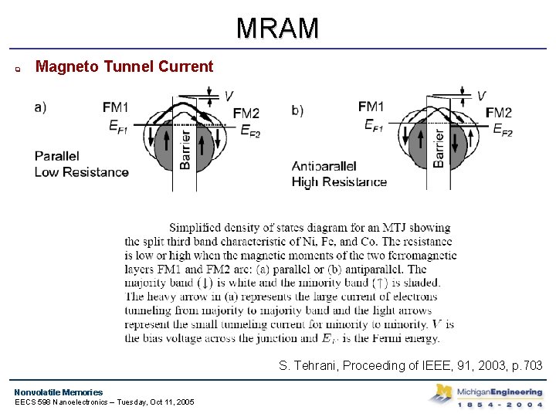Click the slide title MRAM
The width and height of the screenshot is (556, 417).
coord(277,29)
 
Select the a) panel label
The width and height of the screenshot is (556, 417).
coord(40,107)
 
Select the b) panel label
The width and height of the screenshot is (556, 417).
coord(297,110)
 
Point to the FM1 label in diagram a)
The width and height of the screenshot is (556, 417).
coord(116,107)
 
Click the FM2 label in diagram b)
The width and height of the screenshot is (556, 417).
coord(498,113)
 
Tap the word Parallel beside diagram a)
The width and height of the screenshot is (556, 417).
coord(57,156)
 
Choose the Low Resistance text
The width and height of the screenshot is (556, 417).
coord(81,171)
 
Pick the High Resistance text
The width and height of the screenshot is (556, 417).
coord(339,182)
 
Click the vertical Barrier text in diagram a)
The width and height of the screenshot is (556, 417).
coord(185,150)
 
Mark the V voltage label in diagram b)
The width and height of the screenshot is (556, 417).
coord(481,96)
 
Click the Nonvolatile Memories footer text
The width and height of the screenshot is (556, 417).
coord(58,392)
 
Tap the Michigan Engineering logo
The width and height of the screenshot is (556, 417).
coord(486,395)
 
